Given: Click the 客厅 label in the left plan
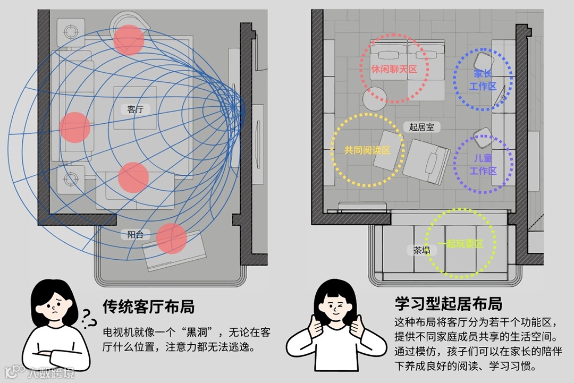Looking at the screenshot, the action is [x=136, y=109].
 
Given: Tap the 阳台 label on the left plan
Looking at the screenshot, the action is [x=136, y=234].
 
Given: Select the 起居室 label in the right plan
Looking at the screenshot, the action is [x=421, y=127].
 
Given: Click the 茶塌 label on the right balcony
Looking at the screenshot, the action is [x=421, y=250].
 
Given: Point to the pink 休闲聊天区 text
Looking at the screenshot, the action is [x=394, y=70].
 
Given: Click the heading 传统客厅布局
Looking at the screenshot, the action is [x=148, y=307].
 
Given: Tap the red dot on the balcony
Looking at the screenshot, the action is [x=172, y=239].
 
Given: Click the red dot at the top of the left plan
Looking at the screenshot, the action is [x=129, y=40].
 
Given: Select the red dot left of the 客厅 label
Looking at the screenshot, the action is [x=75, y=127].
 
